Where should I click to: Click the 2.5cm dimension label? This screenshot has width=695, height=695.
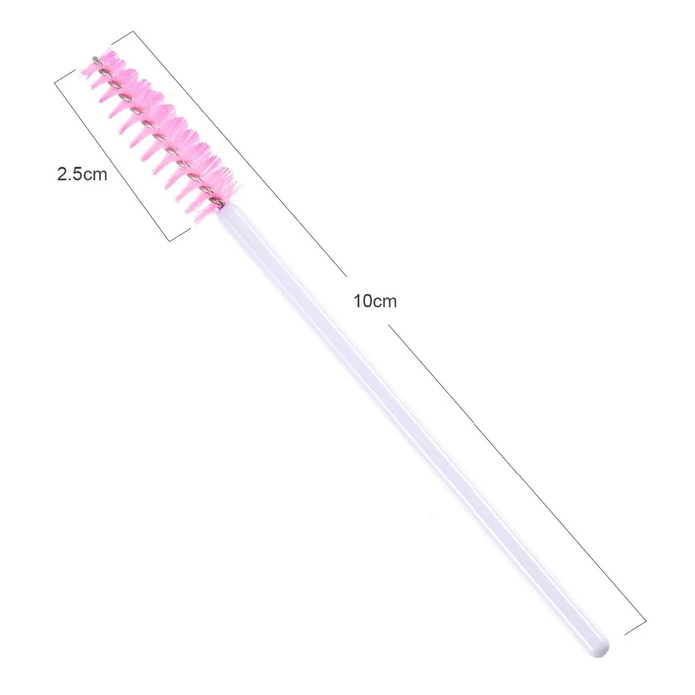tap(82, 174)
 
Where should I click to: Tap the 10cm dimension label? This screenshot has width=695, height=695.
tap(375, 302)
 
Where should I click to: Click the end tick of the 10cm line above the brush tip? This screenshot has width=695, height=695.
tap(122, 38)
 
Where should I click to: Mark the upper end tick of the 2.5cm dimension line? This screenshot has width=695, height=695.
tap(65, 76)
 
